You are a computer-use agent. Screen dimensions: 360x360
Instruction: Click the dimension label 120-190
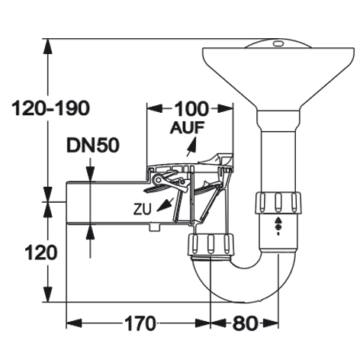(51, 108)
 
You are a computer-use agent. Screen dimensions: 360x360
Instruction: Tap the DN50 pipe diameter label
(93, 146)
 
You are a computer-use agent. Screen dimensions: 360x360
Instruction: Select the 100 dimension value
(191, 109)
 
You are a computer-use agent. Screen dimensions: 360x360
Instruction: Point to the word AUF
(188, 127)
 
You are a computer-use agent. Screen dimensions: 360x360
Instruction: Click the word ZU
(143, 209)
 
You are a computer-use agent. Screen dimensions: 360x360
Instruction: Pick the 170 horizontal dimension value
(140, 323)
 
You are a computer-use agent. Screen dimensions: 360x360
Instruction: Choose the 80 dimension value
(244, 323)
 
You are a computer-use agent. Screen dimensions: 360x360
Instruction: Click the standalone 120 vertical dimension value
(40, 252)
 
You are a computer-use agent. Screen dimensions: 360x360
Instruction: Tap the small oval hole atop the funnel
(278, 43)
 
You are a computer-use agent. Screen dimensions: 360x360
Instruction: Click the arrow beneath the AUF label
(191, 146)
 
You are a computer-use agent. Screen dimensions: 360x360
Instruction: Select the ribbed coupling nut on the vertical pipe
(278, 203)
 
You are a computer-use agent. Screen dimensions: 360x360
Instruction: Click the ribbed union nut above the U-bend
(211, 245)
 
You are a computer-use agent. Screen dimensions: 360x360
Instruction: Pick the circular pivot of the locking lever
(159, 179)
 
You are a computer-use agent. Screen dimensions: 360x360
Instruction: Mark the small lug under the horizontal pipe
(155, 227)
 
